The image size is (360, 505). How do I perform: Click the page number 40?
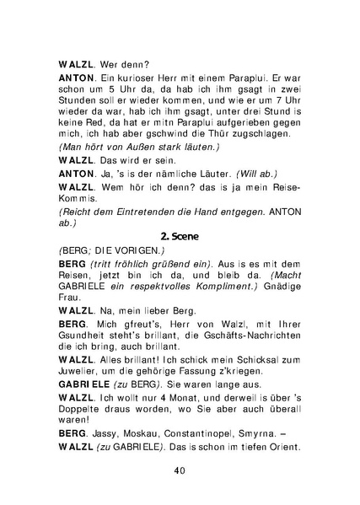pyautogui.click(x=180, y=470)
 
